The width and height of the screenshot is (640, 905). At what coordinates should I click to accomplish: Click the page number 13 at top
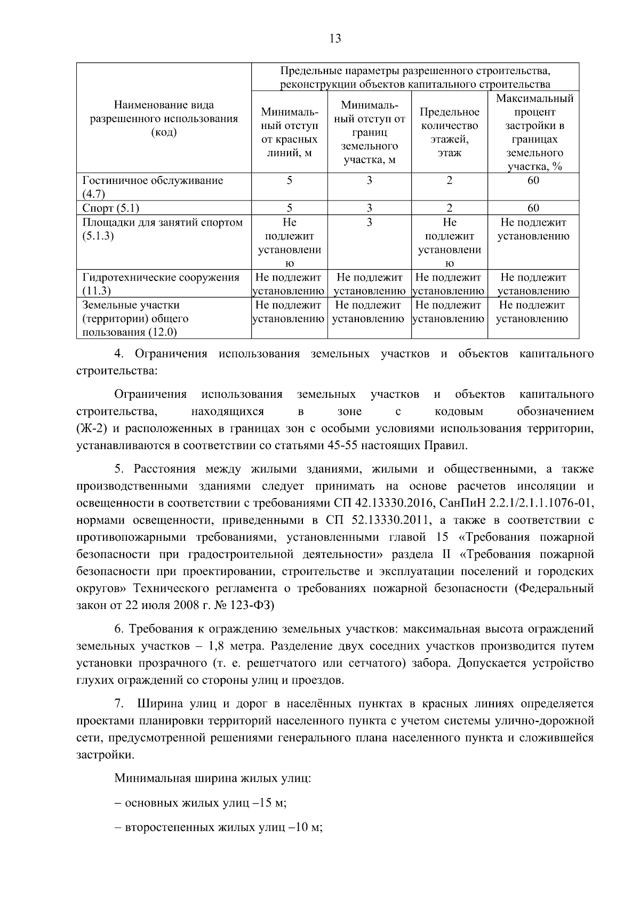coord(335,38)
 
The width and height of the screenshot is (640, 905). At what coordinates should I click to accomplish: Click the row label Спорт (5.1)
coord(111,208)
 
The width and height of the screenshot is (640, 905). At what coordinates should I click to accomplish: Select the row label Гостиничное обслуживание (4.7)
coord(153,187)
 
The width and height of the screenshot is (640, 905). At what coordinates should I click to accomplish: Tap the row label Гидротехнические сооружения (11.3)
coord(161,284)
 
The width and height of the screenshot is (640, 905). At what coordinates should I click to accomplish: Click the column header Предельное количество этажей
coord(449,132)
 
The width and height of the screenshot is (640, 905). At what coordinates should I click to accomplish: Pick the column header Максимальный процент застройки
coord(534,132)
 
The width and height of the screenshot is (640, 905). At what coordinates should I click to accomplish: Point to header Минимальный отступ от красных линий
coord(290,132)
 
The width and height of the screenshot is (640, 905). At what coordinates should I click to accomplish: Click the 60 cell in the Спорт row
coord(533,208)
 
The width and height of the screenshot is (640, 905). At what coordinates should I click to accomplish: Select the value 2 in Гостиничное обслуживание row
coord(449,180)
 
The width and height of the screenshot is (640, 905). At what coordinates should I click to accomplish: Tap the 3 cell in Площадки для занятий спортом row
coord(369,222)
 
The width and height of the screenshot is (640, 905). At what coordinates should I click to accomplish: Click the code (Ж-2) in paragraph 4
coord(93,428)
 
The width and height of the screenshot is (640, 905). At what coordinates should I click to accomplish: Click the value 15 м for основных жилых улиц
coord(273,803)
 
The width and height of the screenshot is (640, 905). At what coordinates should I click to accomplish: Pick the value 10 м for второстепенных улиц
coord(310,828)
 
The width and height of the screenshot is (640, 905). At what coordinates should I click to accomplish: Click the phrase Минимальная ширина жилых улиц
coord(212,778)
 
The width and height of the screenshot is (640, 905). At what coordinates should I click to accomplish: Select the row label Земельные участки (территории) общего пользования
coord(135,318)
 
